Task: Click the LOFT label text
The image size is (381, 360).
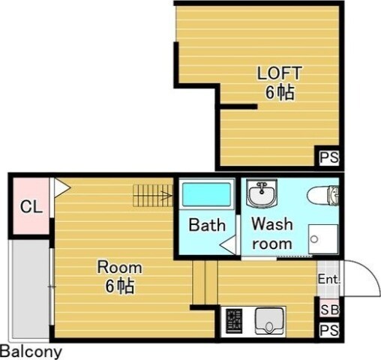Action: pyautogui.click(x=280, y=73)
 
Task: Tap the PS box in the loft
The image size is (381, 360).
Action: pyautogui.click(x=329, y=157)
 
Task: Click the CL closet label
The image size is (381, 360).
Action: pyautogui.click(x=31, y=207)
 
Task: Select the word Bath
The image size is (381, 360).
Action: pyautogui.click(x=207, y=225)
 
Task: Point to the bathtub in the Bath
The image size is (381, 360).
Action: pyautogui.click(x=206, y=194)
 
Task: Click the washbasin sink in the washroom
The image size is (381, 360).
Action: pyautogui.click(x=262, y=193)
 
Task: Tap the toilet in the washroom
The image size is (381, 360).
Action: pyautogui.click(x=323, y=195)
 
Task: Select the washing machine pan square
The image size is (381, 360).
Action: pyautogui.click(x=323, y=239)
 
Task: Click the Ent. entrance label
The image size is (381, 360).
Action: pyautogui.click(x=328, y=279)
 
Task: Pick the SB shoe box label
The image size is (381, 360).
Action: pyautogui.click(x=329, y=310)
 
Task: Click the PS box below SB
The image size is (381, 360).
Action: pyautogui.click(x=329, y=330)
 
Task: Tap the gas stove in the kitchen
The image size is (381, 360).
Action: pyautogui.click(x=234, y=321)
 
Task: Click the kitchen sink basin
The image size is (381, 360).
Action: pyautogui.click(x=270, y=321)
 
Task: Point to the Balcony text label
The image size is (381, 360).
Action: pyautogui.click(x=31, y=352)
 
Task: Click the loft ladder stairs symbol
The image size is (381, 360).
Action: pyautogui.click(x=153, y=196)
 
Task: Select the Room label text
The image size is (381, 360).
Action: pyautogui.click(x=120, y=267)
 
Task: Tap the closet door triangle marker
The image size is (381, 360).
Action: pyautogui.click(x=61, y=187)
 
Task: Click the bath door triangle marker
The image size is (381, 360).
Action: pyautogui.click(x=228, y=245)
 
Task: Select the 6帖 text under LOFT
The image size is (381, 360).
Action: pyautogui.click(x=280, y=93)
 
